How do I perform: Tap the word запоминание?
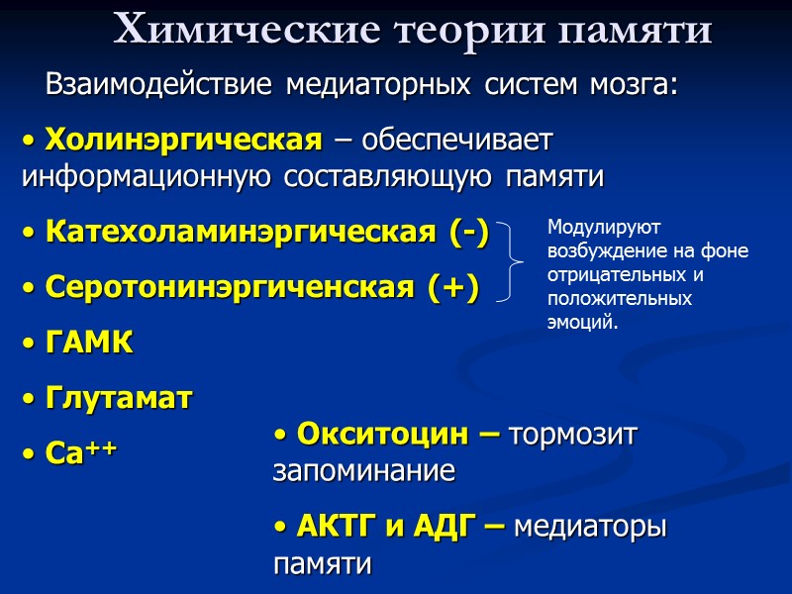click(363, 472)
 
